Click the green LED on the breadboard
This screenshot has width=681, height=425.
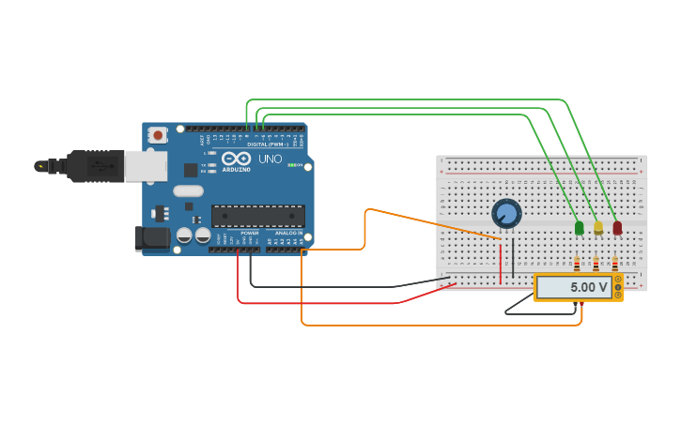pos(579,228)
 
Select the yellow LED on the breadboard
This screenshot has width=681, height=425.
pos(598,228)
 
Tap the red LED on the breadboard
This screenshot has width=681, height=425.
pos(617,228)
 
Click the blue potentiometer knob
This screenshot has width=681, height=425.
pos(506,214)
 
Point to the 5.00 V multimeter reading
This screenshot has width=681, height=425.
pos(588,287)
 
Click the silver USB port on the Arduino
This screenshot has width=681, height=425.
pos(146,166)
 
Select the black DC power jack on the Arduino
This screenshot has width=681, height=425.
pos(152,238)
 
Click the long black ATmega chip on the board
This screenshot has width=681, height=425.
pos(257,216)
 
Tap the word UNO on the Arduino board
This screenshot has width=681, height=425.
pos(270,159)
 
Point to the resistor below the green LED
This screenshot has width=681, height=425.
pos(577,265)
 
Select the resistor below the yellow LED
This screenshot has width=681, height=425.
pos(596,265)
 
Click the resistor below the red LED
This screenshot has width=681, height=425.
pos(614,265)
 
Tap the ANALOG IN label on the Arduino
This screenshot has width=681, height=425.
pos(288,233)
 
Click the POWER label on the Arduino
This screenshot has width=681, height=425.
pos(249,233)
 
